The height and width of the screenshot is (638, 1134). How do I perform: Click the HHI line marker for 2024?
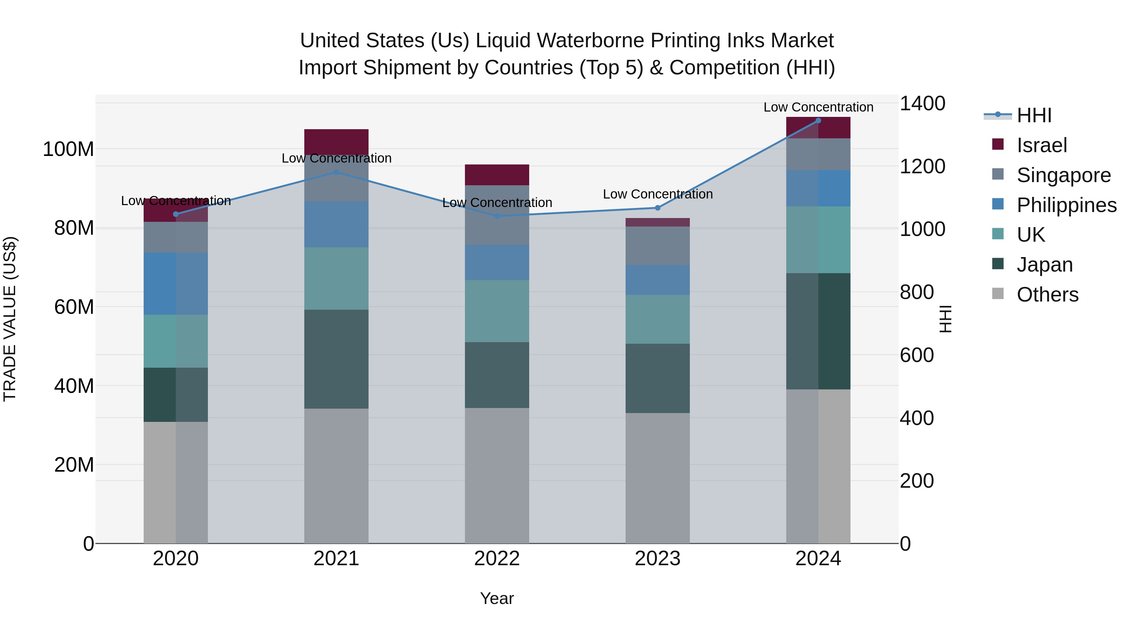tap(818, 120)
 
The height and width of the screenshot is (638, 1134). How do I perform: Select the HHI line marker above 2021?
tap(336, 172)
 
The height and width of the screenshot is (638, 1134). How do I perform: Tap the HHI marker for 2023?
tap(658, 208)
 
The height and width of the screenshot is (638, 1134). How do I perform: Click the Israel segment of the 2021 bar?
tap(336, 141)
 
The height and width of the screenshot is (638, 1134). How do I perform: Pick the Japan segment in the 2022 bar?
tap(497, 375)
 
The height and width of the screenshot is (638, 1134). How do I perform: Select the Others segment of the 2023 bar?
tap(658, 478)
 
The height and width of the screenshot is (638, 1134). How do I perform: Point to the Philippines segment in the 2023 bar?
tap(658, 280)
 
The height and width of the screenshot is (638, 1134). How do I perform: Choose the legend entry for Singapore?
tap(1063, 175)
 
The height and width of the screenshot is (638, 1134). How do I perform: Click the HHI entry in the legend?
tap(1034, 115)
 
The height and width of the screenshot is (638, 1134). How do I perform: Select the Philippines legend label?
tap(1066, 205)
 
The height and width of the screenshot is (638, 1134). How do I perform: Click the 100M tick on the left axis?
tap(68, 149)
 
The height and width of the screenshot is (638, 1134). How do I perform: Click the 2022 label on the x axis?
tap(497, 559)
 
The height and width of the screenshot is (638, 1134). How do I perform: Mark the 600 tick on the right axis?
tap(917, 355)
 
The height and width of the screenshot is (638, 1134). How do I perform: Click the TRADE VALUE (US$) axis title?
tap(10, 319)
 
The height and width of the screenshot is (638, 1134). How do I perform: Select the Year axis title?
tap(497, 598)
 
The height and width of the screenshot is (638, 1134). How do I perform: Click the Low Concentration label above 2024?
tap(818, 107)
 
